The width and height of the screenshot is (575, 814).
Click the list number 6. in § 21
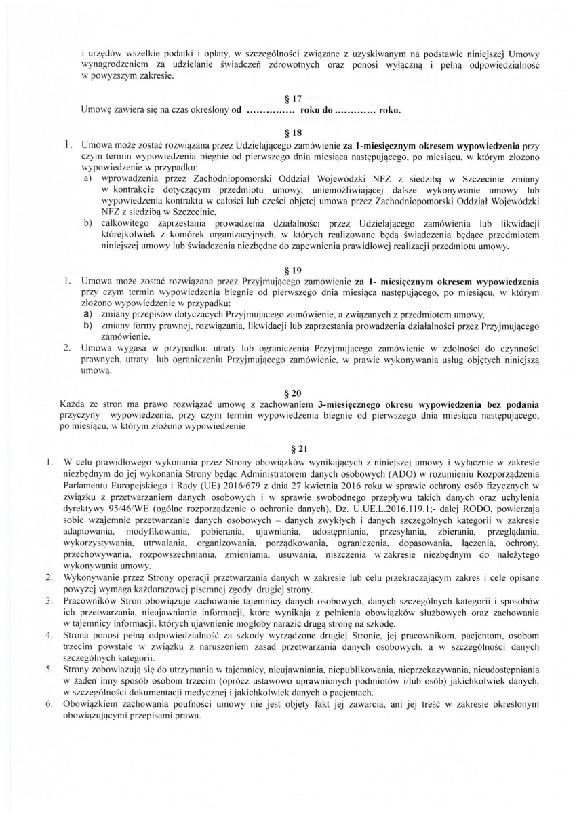coord(49,703)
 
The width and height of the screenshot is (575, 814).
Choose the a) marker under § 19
coord(87,315)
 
